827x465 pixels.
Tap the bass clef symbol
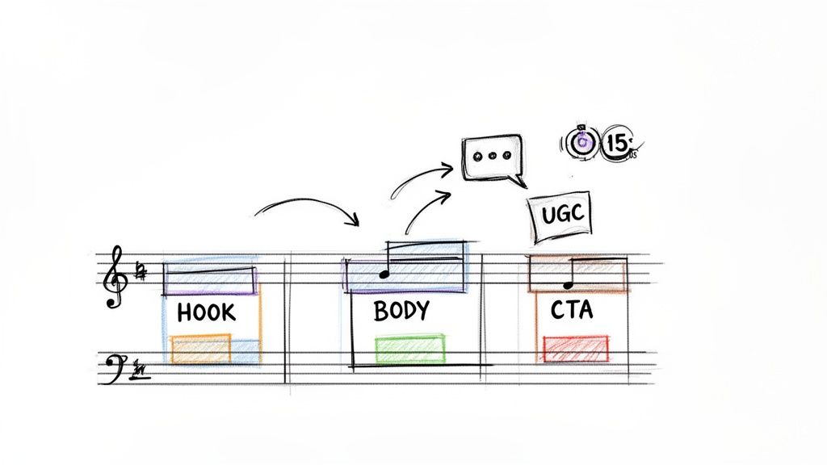point(115,368)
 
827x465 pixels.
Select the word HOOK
point(206,312)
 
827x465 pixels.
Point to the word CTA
point(571,310)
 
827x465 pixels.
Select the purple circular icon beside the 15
point(582,143)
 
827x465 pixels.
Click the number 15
point(617,144)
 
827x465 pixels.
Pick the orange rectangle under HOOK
point(201,349)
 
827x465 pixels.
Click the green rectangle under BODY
point(410,349)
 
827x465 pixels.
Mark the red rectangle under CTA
point(576,348)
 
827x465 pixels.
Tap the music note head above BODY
point(384,275)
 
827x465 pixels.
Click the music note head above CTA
point(568,284)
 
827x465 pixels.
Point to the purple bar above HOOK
point(210,279)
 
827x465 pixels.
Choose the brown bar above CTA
point(577,274)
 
